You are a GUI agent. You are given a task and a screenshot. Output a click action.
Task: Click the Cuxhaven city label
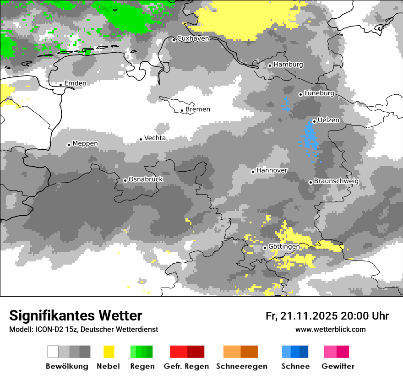coord(193,38)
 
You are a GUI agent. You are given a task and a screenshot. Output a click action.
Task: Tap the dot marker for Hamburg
coord(270,65)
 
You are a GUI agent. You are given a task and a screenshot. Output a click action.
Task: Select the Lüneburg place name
coord(319,93)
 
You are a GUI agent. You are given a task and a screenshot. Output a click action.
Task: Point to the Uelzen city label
coord(328,120)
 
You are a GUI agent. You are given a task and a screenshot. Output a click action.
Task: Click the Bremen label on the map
coord(198,109)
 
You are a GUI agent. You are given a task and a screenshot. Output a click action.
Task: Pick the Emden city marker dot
coord(60,84)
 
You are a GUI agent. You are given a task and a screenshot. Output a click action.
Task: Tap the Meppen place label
coord(85,143)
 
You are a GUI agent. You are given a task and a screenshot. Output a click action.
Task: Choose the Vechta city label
coord(155,138)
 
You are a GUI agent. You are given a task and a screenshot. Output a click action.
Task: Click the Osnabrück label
coord(146,179)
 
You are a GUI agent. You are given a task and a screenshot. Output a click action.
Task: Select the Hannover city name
coord(272,170)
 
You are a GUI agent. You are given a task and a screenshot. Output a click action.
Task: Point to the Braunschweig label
coord(336,181)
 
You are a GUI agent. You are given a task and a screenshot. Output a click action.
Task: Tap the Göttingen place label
coord(284,246)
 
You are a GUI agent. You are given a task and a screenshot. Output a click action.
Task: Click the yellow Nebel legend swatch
coord(109,352)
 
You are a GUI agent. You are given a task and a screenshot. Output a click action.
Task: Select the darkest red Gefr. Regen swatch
coord(196,352)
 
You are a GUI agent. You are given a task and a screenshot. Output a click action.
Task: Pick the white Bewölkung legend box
coord(53,352)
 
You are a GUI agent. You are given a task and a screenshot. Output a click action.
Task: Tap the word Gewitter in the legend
coord(338,366)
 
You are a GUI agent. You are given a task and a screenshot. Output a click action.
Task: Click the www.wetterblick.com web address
coord(330,329)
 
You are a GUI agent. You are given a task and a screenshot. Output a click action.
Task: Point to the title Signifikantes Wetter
coord(76,315)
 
